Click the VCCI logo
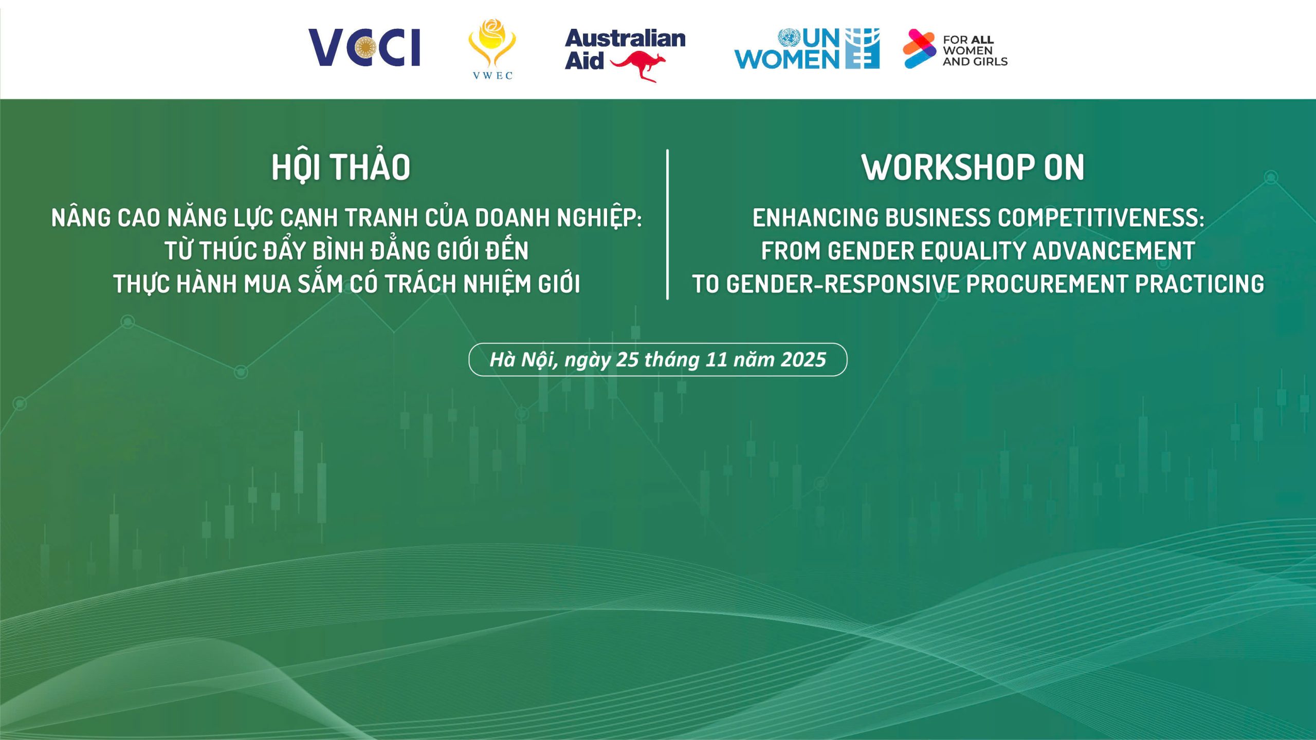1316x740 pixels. click(x=364, y=47)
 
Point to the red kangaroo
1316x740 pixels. click(x=638, y=67)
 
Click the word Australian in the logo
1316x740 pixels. click(x=625, y=39)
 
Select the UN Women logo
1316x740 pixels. click(x=807, y=49)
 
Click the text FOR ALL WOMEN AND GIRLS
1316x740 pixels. click(x=975, y=50)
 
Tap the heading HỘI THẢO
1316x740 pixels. click(x=341, y=167)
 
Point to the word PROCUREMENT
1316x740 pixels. click(x=1047, y=284)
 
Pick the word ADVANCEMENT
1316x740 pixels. click(x=1113, y=251)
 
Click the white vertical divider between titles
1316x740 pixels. click(x=667, y=225)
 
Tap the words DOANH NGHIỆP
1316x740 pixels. click(x=558, y=218)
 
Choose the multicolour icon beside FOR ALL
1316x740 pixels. click(x=920, y=49)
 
